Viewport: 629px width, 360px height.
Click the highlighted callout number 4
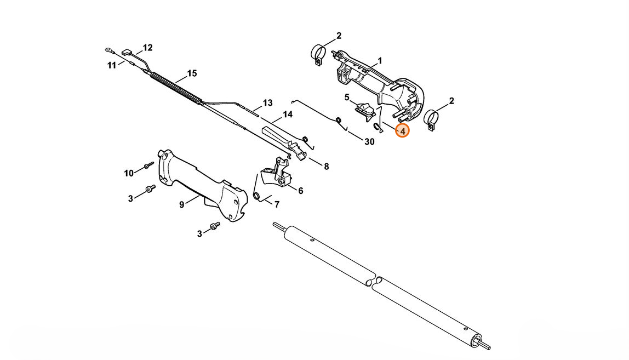(402, 132)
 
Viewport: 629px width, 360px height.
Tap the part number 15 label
(192, 73)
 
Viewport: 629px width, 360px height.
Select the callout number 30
(369, 141)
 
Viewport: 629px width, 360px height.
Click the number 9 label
(181, 205)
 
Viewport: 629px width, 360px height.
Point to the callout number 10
(129, 173)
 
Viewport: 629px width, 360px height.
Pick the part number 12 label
(148, 48)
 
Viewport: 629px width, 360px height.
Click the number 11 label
(112, 65)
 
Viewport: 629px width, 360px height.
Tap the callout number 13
(267, 103)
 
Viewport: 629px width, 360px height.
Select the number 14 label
(287, 115)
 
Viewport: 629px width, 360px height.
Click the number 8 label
(326, 167)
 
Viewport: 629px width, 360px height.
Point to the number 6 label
(300, 191)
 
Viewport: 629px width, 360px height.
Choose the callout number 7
(277, 205)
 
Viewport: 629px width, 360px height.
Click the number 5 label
(347, 98)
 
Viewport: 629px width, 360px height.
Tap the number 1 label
(380, 61)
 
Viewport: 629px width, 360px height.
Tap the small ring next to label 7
(256, 196)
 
